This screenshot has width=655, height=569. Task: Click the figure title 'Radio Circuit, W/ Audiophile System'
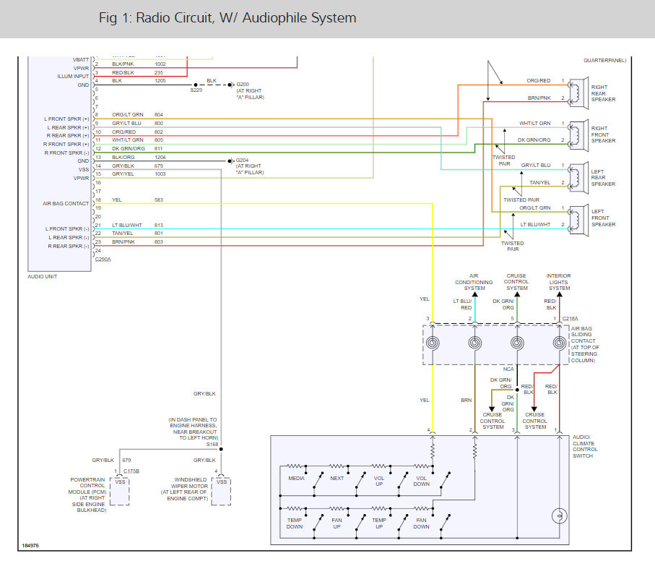227,18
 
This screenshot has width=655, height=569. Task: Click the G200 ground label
243,85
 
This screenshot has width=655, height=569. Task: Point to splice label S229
196,90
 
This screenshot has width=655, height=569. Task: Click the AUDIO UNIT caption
42,276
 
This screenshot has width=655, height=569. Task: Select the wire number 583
159,200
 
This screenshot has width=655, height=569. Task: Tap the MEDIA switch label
296,479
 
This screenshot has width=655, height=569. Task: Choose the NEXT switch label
338,479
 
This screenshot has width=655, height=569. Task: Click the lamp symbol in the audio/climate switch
558,516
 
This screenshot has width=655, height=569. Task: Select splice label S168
212,445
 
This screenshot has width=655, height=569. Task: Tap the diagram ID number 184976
30,546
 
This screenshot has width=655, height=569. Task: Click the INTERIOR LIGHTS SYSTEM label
559,282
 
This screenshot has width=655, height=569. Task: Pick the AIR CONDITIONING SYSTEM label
474,282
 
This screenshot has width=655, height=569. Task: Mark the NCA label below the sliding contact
509,369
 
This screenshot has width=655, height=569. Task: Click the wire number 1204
160,157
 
